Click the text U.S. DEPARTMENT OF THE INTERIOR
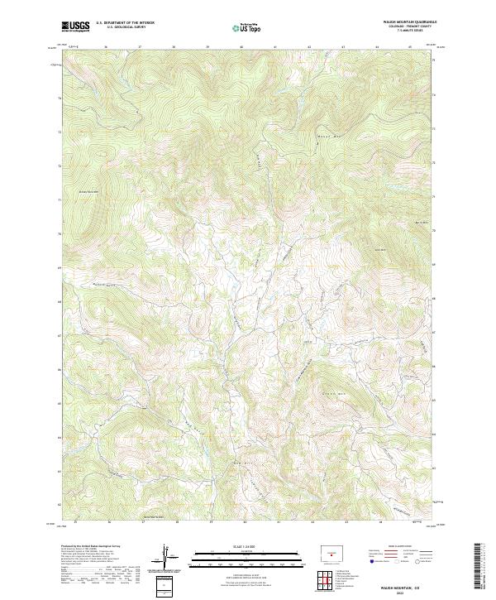click(x=126, y=23)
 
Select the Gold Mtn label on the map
click(x=382, y=249)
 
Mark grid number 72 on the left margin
click(x=59, y=166)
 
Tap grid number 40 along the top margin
click(x=241, y=48)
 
